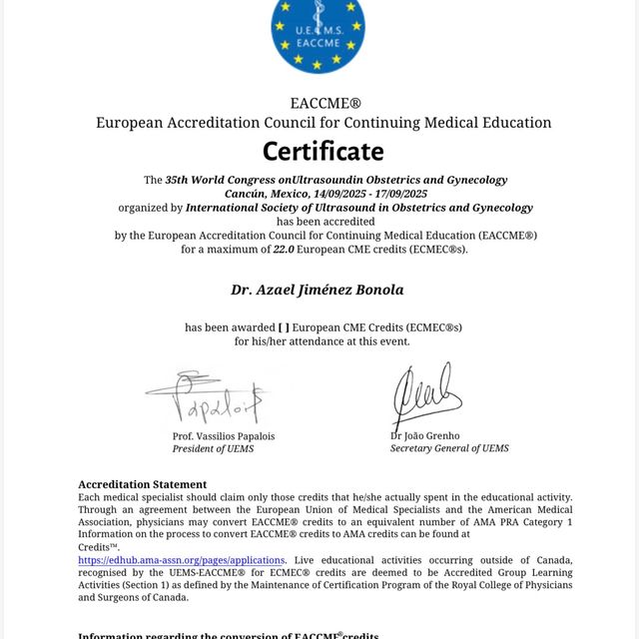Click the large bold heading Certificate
click(x=322, y=151)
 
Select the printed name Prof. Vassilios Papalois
click(x=223, y=436)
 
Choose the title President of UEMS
click(x=213, y=448)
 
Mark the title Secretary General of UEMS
click(x=449, y=448)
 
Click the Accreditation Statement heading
click(x=143, y=484)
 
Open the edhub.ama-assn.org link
click(x=181, y=560)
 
